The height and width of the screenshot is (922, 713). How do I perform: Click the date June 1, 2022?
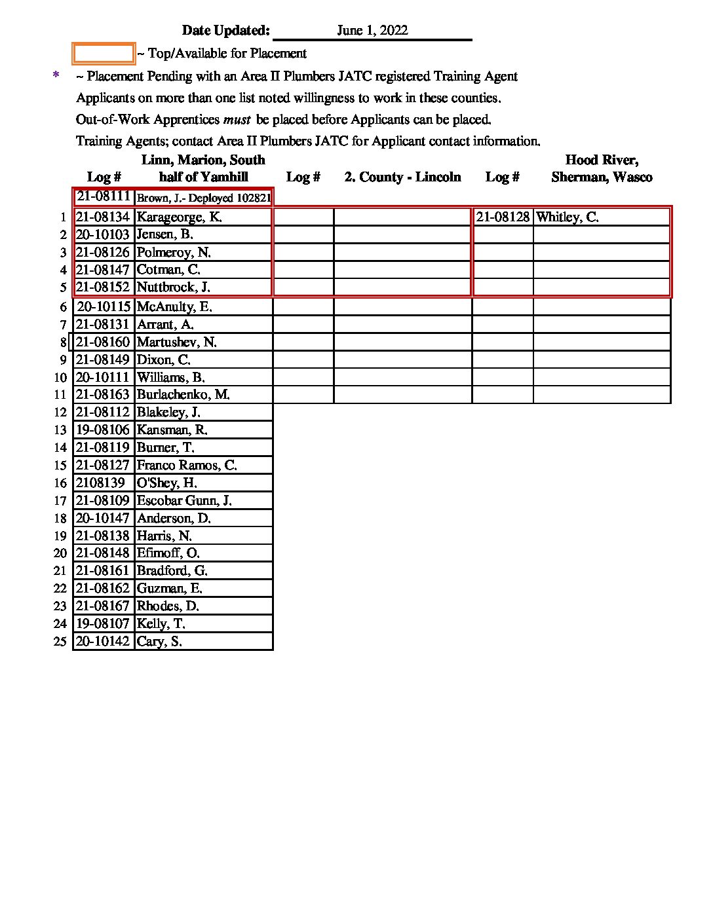tap(372, 30)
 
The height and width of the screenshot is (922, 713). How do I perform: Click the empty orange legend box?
tap(104, 54)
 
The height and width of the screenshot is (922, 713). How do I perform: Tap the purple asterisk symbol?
tap(56, 76)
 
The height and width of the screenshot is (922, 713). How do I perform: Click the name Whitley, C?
tap(567, 217)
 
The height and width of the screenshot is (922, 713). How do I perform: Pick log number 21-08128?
tap(503, 217)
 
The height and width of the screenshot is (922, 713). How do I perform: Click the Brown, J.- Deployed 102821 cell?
tap(203, 198)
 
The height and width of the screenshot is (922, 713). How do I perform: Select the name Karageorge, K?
tap(179, 217)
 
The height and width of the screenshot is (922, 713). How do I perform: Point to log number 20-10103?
tap(103, 234)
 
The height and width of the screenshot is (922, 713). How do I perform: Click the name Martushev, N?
tap(176, 342)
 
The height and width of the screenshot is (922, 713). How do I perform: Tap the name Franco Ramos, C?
tap(186, 466)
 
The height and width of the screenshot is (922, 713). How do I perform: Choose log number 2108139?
tap(100, 483)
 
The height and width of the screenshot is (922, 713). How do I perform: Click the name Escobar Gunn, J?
tap(183, 501)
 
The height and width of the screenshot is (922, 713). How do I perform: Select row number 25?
tap(60, 642)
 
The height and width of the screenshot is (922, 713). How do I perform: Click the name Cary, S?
tap(159, 642)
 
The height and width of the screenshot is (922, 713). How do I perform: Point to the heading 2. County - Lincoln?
tap(402, 177)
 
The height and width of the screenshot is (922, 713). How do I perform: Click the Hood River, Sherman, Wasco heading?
tap(602, 169)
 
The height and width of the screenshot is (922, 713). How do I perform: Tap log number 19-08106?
tap(103, 430)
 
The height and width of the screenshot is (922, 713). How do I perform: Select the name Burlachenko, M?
tap(183, 395)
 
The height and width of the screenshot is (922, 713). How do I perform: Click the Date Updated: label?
tap(225, 30)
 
